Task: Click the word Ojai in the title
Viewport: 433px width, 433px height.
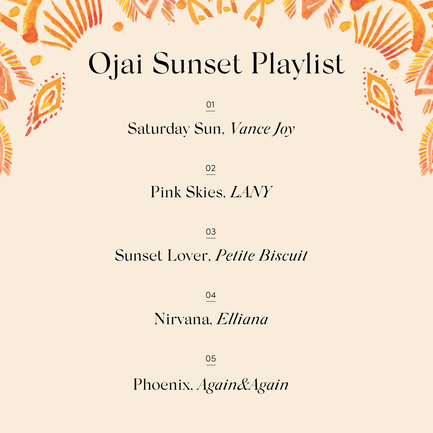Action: tap(116, 64)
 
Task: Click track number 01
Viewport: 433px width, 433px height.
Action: tap(210, 104)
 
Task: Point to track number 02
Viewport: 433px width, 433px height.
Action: tap(211, 168)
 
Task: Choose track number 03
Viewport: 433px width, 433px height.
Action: tap(211, 232)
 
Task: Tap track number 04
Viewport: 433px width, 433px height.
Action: tap(211, 295)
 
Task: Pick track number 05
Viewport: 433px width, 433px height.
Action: tap(211, 359)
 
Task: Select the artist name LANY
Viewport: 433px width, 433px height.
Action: tap(251, 192)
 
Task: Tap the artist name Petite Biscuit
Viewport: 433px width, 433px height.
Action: tap(261, 255)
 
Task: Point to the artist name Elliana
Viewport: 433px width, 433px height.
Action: tap(242, 319)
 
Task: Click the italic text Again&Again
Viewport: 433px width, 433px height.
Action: tap(243, 385)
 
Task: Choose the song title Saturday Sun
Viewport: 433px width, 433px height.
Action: tap(176, 129)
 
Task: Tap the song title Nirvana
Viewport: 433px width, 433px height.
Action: tap(183, 319)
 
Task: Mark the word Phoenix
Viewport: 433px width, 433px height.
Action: tap(163, 384)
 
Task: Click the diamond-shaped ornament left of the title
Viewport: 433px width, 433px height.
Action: tap(45, 104)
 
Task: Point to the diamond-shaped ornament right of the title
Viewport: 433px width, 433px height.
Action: tap(382, 99)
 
